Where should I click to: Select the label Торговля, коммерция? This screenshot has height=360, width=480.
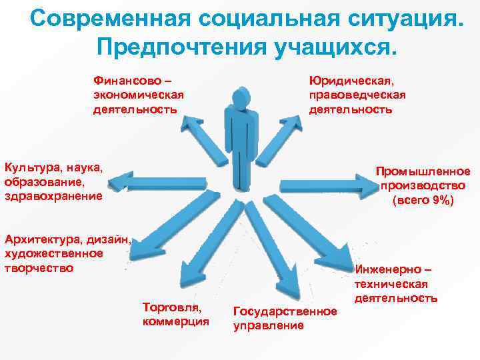176,314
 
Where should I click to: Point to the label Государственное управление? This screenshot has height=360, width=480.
285,318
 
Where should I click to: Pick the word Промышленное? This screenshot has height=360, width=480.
423,171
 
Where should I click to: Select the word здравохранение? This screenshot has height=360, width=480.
53,196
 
